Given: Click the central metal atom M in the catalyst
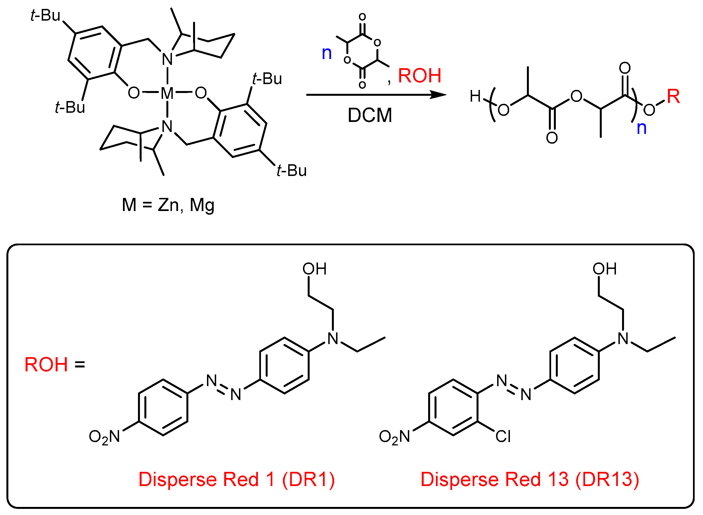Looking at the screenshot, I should pos(167,93).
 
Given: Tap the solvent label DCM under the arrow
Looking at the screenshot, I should pos(370,115).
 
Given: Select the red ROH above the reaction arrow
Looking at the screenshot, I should pos(420,76).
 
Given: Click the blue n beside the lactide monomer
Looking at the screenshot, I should pos(326,53).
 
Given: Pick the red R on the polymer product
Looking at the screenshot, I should pos(673,96).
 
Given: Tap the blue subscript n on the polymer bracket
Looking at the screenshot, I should pos(641,127).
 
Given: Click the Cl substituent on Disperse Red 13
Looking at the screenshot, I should pos(503,436).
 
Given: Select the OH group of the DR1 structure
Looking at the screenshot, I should pos(314,269).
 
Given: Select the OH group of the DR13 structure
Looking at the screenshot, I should pos(605,269).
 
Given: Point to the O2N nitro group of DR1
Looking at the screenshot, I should pos(104,437).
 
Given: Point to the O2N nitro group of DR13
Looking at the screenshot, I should pos(394,437).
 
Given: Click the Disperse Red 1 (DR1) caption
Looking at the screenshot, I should pos(236,479).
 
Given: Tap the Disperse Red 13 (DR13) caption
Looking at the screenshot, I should pos(530,479).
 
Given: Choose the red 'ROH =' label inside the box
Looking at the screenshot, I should pos(55,364).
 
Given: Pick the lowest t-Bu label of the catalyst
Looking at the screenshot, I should pos(292,171).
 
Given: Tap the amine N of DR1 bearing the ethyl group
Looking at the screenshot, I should pos(333,339).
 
